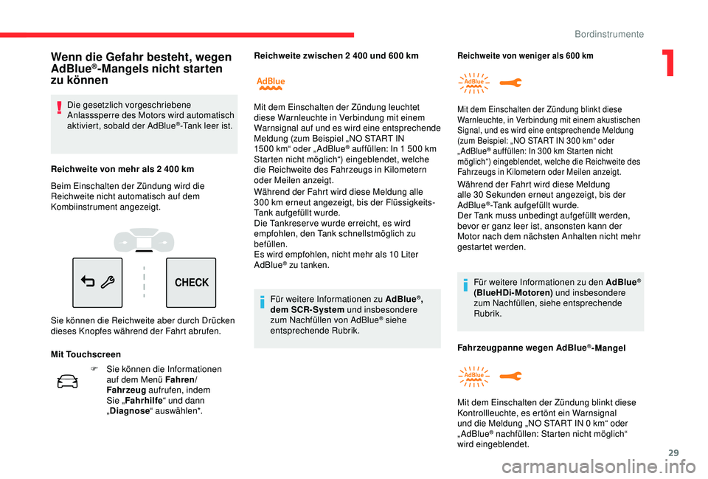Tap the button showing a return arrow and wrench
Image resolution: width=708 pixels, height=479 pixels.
[x=97, y=283]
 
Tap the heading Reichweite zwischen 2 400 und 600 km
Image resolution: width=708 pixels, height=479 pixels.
[x=336, y=55]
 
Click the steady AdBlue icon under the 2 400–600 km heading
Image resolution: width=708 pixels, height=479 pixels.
[x=271, y=83]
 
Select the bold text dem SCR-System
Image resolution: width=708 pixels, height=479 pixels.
[x=302, y=309]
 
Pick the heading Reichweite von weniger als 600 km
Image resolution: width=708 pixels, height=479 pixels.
[x=525, y=55]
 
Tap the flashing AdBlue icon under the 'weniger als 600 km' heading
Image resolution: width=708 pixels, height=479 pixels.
[x=473, y=83]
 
